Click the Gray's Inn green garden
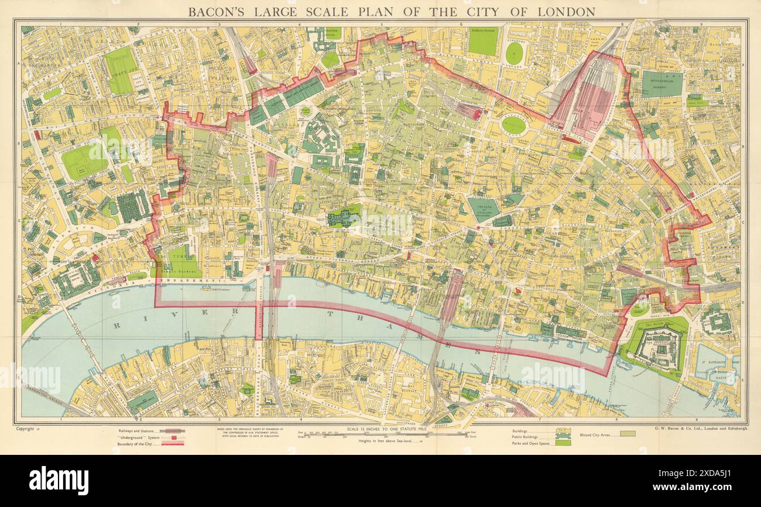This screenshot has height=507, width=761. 121,70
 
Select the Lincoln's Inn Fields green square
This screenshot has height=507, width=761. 84,161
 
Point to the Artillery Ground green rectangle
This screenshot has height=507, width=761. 482,42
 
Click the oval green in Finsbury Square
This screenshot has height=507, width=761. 514,53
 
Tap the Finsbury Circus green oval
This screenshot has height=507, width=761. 513,125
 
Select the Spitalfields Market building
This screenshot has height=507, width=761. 661,84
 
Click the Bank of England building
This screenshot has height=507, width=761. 484,209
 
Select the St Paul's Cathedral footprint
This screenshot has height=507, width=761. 344,217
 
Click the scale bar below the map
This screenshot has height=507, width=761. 380,434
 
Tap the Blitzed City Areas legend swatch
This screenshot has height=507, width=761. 626,434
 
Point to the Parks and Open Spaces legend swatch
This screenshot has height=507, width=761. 563,443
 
